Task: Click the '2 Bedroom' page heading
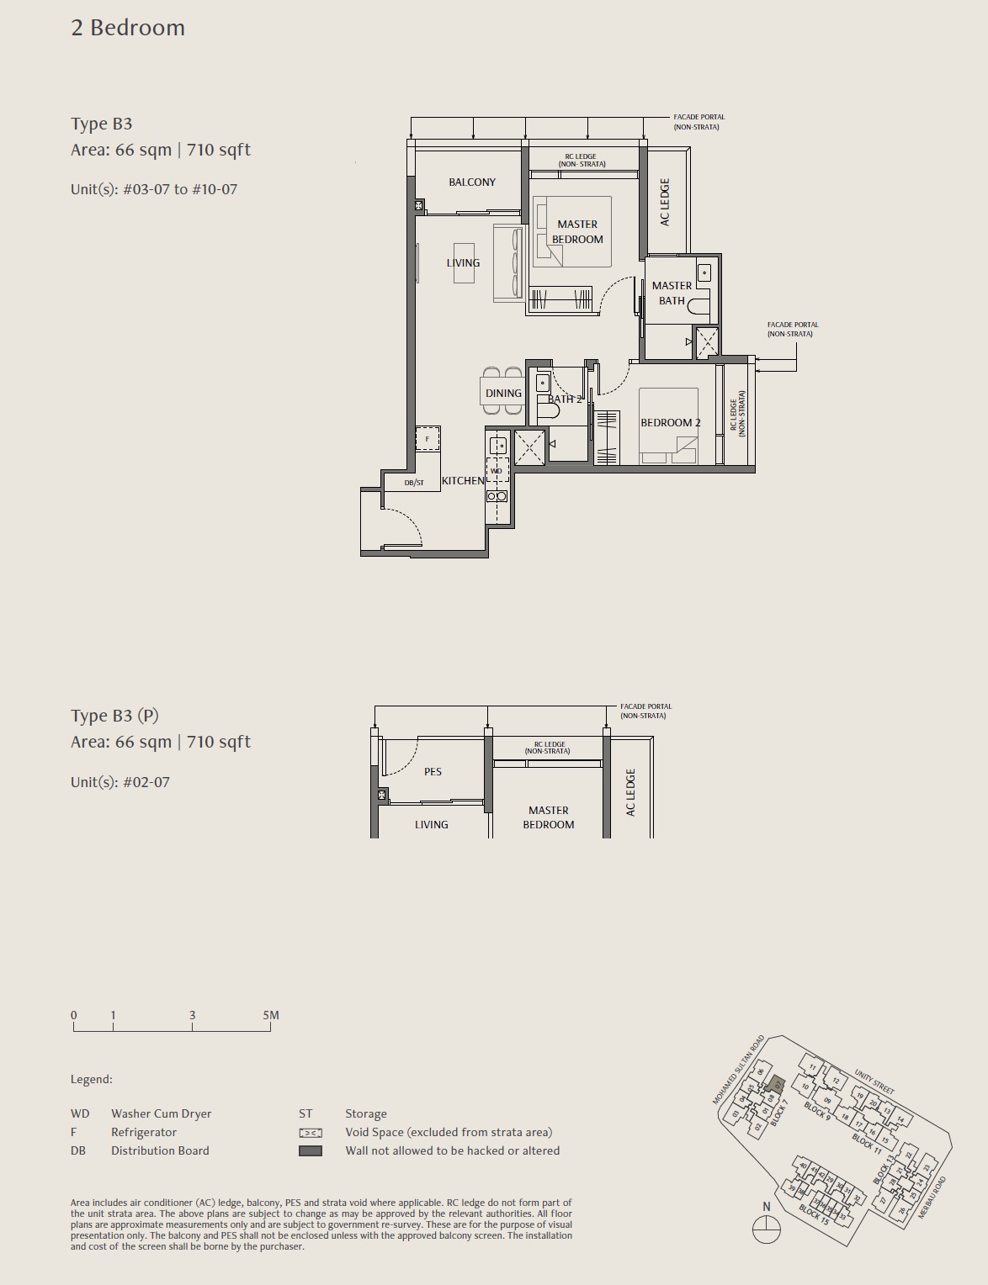tap(128, 28)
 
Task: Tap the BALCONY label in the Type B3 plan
tap(471, 182)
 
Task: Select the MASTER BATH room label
tap(672, 293)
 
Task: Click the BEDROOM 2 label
tap(670, 423)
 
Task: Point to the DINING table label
tap(503, 394)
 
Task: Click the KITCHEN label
tap(463, 481)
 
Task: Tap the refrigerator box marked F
tap(428, 439)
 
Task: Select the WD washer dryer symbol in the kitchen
tap(497, 471)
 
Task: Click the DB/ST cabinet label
tap(414, 483)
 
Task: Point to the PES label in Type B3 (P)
tap(433, 772)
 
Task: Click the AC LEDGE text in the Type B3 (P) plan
tap(630, 792)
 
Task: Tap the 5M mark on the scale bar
tap(270, 1015)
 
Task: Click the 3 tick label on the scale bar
tap(192, 1015)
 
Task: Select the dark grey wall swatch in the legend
tap(311, 1150)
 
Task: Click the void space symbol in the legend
tap(311, 1133)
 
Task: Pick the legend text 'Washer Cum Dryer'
tap(161, 1113)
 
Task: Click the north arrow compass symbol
tap(766, 1230)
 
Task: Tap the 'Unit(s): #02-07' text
tap(120, 782)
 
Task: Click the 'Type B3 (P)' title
tap(114, 716)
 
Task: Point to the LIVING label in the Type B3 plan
tap(463, 263)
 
